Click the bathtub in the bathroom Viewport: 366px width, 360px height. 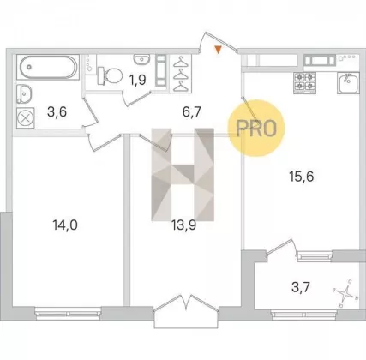coord(47,67)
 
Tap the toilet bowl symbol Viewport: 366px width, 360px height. coord(110,75)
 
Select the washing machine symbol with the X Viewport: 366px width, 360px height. coord(26,118)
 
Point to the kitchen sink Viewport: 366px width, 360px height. coord(348,82)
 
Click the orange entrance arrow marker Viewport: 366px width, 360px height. coord(218,50)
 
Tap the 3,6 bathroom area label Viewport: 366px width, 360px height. coord(57,111)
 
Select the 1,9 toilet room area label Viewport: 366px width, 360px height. coord(138,80)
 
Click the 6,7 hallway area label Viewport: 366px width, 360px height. coord(192,111)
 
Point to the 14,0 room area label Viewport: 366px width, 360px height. coord(65,225)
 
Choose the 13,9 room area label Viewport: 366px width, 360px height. coord(183,225)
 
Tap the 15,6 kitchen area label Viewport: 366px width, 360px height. coord(302,177)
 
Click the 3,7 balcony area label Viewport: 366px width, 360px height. coord(301,287)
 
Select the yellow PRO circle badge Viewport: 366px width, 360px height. coord(256,128)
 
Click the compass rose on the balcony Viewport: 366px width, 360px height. coord(345,293)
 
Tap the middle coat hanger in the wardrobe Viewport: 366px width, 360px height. coord(181,74)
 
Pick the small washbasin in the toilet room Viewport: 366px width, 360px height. coord(141,59)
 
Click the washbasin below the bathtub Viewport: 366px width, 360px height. coord(24,93)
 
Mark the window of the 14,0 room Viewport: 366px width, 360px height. coord(68,312)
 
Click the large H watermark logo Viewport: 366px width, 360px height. coord(183,175)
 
